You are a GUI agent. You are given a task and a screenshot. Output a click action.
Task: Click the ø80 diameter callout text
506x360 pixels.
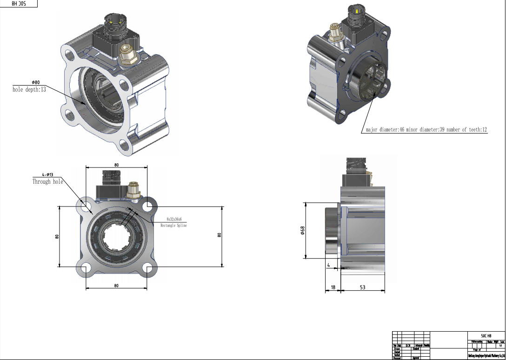36,83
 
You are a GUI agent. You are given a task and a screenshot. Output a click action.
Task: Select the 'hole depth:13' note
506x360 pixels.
29,89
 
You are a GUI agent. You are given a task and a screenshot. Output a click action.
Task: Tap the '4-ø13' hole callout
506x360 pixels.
47,175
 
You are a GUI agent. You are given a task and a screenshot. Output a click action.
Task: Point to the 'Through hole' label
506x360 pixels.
47,182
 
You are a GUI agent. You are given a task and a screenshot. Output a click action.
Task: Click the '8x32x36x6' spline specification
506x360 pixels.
173,219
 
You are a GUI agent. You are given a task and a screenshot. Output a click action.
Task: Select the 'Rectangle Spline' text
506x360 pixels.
173,225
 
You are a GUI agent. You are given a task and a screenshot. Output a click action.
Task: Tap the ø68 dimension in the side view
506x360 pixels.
302,230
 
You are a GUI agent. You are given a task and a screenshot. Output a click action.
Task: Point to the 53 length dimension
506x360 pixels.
362,287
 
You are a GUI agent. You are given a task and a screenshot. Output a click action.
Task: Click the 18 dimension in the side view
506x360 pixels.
333,287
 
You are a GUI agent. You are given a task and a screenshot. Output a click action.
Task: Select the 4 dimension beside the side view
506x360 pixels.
328,265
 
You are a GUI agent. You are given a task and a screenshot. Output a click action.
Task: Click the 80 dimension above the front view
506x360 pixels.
116,165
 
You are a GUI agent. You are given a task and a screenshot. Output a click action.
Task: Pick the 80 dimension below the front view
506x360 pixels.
116,285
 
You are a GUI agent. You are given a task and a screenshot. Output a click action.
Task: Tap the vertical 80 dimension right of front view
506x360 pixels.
219,235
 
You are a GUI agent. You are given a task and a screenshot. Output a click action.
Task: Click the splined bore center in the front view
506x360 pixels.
116,236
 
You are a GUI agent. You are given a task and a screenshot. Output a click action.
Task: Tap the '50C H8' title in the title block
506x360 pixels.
486,335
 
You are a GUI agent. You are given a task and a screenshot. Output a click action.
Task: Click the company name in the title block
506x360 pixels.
486,356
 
